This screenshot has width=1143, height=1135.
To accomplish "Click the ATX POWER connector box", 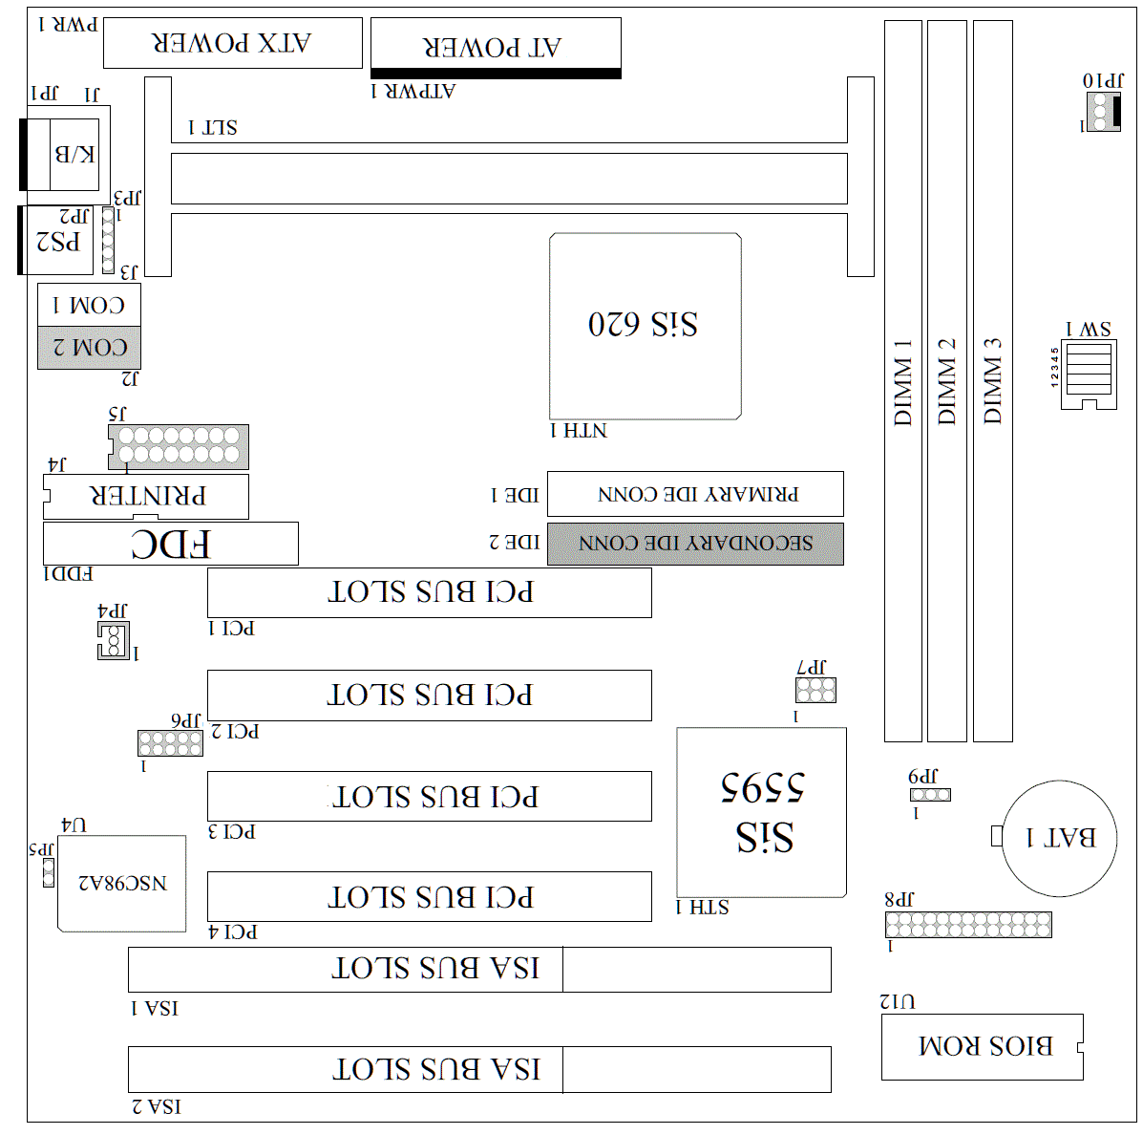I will click(x=232, y=43).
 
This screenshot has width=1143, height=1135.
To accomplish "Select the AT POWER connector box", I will click(x=495, y=46).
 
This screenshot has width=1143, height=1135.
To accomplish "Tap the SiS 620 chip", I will click(x=646, y=326).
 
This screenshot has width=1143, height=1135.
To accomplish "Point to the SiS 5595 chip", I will click(x=761, y=812).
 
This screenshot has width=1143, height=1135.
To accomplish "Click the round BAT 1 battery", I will click(x=1059, y=838).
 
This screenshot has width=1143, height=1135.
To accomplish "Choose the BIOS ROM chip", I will click(x=982, y=1046).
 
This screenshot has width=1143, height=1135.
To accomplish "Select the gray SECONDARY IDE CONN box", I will click(x=694, y=544).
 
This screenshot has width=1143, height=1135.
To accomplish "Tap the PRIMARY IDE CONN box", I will click(x=694, y=494).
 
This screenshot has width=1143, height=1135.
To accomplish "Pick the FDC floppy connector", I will click(x=170, y=544).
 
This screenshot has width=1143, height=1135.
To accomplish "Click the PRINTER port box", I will click(x=146, y=497).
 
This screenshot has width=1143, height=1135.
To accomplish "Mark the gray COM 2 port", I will click(x=89, y=348).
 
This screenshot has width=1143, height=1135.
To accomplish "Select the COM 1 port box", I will click(x=89, y=305).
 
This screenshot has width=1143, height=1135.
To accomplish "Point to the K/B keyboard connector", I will click(x=73, y=155).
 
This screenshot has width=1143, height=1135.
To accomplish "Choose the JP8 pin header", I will click(x=967, y=924).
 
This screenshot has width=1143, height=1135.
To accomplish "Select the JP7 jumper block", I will click(x=815, y=690).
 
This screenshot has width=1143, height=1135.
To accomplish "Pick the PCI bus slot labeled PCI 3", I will click(x=429, y=797).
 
